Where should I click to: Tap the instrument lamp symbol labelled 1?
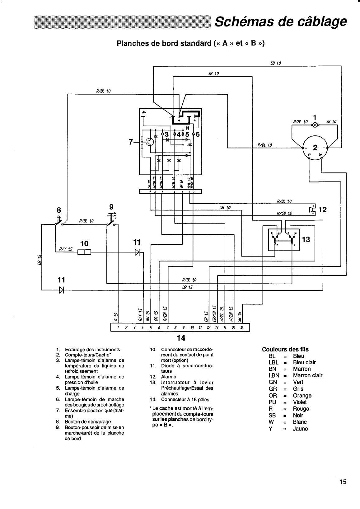pyautogui.click(x=315, y=125)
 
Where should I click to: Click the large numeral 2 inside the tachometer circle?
pyautogui.click(x=315, y=147)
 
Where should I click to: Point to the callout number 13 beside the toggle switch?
pyautogui.click(x=306, y=239)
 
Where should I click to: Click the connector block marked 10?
pyautogui.click(x=84, y=252)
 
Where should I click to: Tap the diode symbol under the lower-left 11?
pyautogui.click(x=61, y=290)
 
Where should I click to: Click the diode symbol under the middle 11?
pyautogui.click(x=137, y=252)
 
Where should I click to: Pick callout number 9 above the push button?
pyautogui.click(x=111, y=207)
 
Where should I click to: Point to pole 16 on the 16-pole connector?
pyautogui.click(x=241, y=328)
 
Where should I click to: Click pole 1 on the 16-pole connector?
pyautogui.click(x=118, y=328)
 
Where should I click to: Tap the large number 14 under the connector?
pyautogui.click(x=181, y=338)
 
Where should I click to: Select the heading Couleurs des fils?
pyautogui.click(x=285, y=349)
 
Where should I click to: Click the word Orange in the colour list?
pyautogui.click(x=302, y=395)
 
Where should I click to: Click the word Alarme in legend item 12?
pyautogui.click(x=168, y=377)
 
